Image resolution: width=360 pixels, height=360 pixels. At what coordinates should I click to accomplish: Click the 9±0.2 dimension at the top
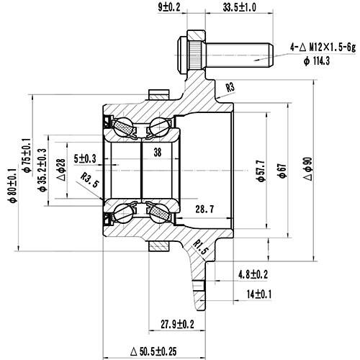(x=169, y=9)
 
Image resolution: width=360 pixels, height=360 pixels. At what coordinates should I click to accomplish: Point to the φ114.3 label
(x=315, y=61)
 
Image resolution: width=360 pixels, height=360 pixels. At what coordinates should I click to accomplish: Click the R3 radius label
(x=230, y=88)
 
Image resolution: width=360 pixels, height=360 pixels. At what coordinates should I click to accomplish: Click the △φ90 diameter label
(x=310, y=169)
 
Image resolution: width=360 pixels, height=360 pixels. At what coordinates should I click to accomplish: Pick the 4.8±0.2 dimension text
(x=253, y=274)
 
